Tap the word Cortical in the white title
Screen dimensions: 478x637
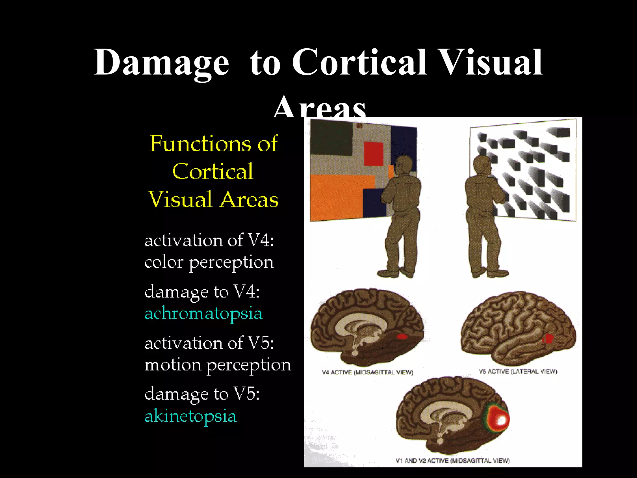(x=359, y=62)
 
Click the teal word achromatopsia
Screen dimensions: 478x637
(x=203, y=314)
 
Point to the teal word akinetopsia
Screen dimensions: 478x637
(x=190, y=416)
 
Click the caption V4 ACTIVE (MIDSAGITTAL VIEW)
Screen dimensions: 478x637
(x=367, y=372)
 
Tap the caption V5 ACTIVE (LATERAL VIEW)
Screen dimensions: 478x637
(x=518, y=371)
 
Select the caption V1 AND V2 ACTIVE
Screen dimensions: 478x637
(x=453, y=461)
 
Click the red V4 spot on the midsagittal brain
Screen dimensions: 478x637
(x=402, y=336)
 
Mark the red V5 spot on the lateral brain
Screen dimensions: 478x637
(x=548, y=339)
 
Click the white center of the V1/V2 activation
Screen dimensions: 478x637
(x=501, y=421)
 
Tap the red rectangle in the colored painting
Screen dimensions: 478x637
(x=374, y=154)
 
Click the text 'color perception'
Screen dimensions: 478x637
(x=209, y=262)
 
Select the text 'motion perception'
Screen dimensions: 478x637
(x=218, y=365)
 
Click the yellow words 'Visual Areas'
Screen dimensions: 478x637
(x=213, y=199)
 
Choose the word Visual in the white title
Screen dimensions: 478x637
(x=491, y=62)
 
